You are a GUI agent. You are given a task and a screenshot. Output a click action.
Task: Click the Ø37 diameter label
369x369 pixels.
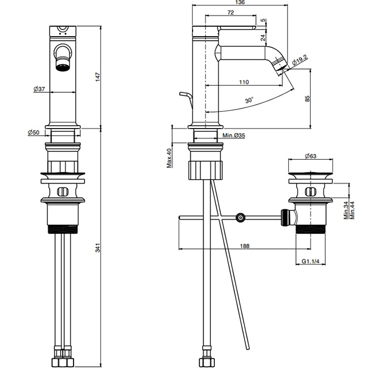point(38,89)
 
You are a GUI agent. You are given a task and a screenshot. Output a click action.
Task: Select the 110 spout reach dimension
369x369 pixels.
point(243,83)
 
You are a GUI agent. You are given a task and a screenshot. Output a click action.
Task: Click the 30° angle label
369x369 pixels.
point(249,101)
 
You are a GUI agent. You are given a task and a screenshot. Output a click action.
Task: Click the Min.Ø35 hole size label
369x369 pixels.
point(234,135)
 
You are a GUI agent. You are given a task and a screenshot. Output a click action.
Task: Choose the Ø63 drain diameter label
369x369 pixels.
point(311,156)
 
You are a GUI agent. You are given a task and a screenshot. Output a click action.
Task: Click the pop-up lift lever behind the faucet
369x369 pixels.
point(185,100)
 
